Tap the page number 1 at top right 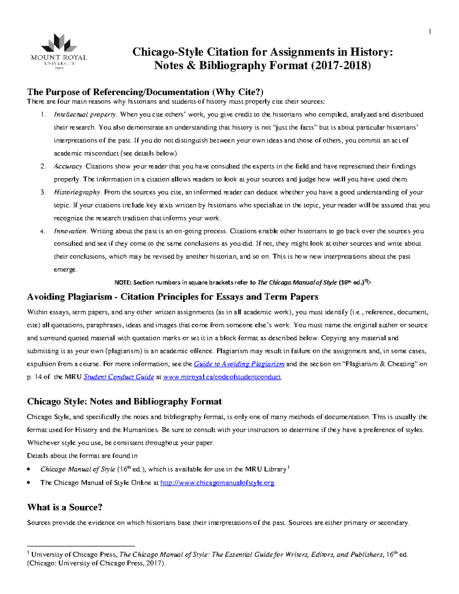tap(430, 32)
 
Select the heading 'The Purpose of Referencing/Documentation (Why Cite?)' tap(145, 92)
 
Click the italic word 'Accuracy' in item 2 tap(68, 166)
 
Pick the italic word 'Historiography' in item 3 tap(77, 192)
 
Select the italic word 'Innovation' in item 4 tap(70, 231)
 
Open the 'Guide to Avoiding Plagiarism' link tap(239, 364)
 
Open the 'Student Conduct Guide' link tap(119, 377)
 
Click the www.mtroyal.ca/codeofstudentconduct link tap(222, 377)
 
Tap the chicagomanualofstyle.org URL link tap(217, 483)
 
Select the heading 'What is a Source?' tap(65, 508)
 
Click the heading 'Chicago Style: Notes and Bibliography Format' tap(124, 402)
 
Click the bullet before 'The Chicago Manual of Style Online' tap(29, 483)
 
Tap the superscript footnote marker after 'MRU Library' tap(288, 467)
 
